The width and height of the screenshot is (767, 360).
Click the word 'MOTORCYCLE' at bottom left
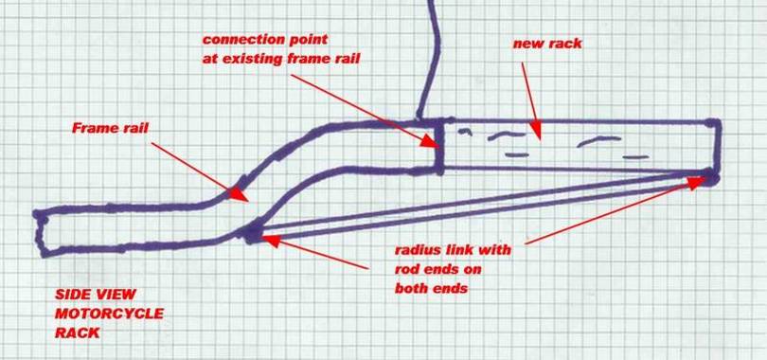point(109,313)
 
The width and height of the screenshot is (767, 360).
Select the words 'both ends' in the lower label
point(431,287)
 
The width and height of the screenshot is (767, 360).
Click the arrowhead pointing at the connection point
point(431,141)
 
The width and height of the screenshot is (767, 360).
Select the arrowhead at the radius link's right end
point(698,183)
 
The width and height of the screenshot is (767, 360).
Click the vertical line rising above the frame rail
point(435,57)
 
